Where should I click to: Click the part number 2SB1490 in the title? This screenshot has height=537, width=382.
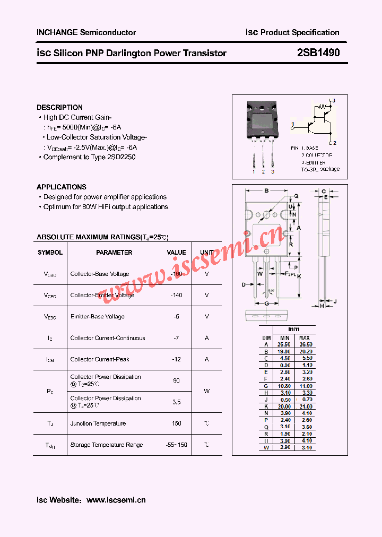(318, 53)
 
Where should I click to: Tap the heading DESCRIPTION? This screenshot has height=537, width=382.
(59, 107)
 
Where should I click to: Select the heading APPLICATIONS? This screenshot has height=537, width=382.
(62, 187)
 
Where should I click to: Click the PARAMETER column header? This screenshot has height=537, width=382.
(114, 253)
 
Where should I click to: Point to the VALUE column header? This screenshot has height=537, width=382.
(176, 253)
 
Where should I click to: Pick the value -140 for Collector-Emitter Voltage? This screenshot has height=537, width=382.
(176, 295)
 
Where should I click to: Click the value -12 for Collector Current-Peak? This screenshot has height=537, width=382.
(176, 359)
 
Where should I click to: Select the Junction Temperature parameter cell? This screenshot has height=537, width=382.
(98, 423)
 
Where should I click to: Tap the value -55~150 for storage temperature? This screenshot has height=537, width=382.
(176, 445)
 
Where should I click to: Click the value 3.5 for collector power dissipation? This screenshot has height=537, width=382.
(176, 402)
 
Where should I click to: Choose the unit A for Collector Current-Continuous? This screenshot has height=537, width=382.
(207, 338)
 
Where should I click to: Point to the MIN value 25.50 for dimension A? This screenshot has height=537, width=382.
(285, 344)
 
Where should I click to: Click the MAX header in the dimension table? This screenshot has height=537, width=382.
(305, 338)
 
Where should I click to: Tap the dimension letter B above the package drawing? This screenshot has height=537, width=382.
(266, 190)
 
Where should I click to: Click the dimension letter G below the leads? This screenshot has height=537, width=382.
(264, 304)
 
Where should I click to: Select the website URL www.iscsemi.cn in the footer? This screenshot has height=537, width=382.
(116, 500)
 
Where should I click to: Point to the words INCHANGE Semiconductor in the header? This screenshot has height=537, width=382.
(86, 32)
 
